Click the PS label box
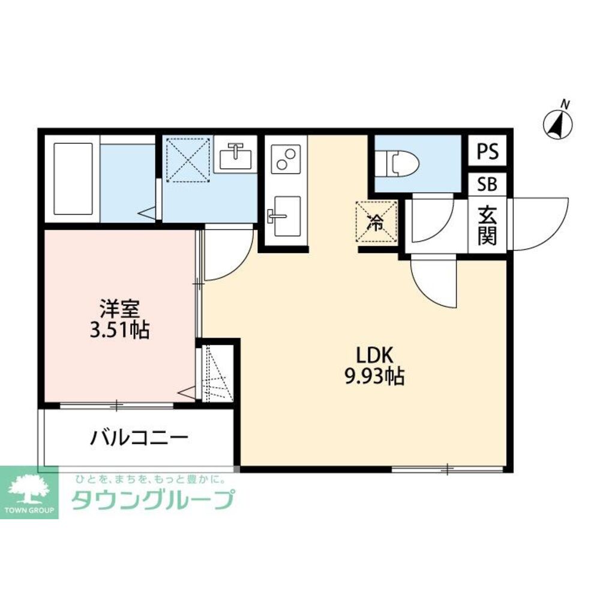[487, 152]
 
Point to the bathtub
[73, 178]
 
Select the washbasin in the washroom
[235, 157]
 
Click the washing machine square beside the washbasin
[187, 158]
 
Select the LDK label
[374, 355]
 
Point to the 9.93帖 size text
[374, 376]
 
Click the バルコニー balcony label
[139, 437]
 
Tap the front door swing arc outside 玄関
[537, 223]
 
